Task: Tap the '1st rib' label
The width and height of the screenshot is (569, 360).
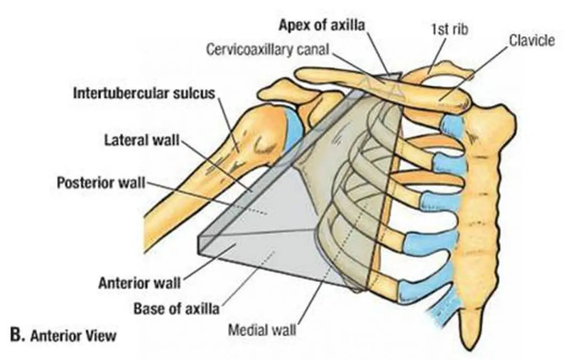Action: tap(449, 29)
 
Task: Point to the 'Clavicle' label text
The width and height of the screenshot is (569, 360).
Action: tap(531, 40)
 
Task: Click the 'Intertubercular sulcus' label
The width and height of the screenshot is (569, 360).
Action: tap(144, 94)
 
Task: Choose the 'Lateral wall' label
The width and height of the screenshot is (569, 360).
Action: tap(142, 141)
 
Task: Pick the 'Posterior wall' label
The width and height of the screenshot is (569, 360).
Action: tap(101, 183)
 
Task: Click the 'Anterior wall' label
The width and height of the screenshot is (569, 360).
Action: tap(140, 282)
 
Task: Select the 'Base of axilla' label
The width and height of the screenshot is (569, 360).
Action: tap(176, 308)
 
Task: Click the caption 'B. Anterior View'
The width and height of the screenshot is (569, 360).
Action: tap(63, 336)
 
